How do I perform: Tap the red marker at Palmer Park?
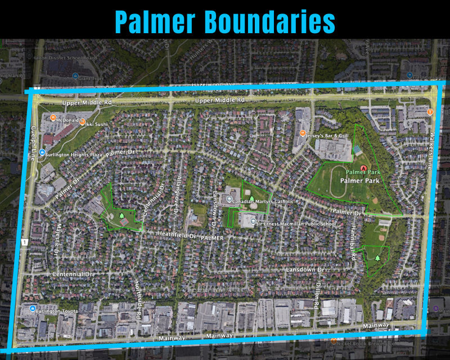(364, 168)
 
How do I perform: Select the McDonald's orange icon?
(52, 118)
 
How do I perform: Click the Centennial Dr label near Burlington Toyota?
(72, 274)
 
